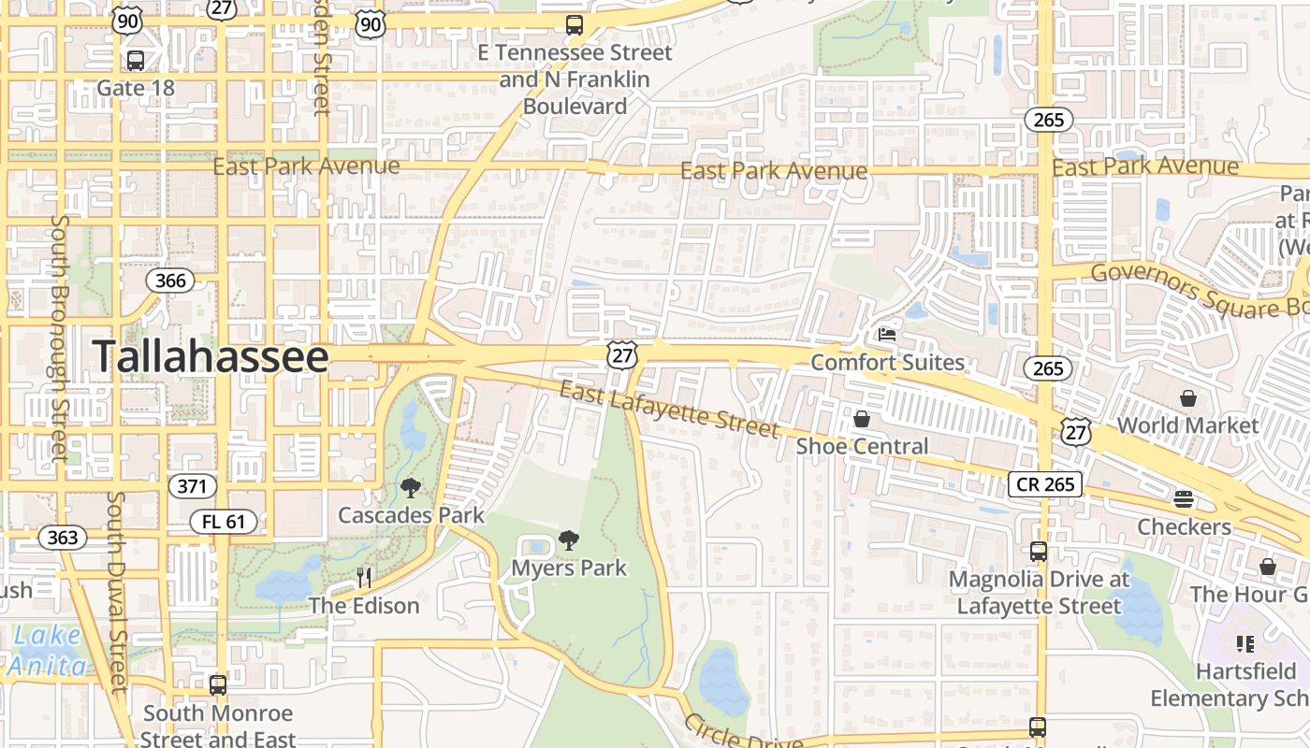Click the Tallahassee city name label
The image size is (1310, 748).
pyautogui.click(x=211, y=357)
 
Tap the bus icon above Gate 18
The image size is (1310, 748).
pyautogui.click(x=136, y=61)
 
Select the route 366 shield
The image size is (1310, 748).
pyautogui.click(x=171, y=280)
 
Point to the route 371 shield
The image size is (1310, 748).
pyautogui.click(x=193, y=486)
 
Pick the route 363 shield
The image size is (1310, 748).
pyautogui.click(x=63, y=538)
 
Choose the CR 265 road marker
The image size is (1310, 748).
pyautogui.click(x=1045, y=484)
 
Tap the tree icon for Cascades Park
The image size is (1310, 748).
pyautogui.click(x=410, y=487)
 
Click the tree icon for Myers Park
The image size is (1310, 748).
pyautogui.click(x=568, y=539)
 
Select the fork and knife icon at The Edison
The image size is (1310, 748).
pyautogui.click(x=364, y=578)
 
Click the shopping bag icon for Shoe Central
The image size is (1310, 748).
pyautogui.click(x=862, y=419)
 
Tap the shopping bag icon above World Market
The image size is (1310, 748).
pyautogui.click(x=1187, y=398)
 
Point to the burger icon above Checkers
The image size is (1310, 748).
pyautogui.click(x=1184, y=499)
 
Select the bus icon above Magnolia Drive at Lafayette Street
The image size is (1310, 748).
pyautogui.click(x=1038, y=552)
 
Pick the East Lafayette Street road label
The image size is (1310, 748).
pyautogui.click(x=669, y=409)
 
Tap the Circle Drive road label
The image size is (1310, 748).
pyautogui.click(x=743, y=732)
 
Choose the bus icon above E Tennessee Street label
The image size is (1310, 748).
pyautogui.click(x=575, y=25)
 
